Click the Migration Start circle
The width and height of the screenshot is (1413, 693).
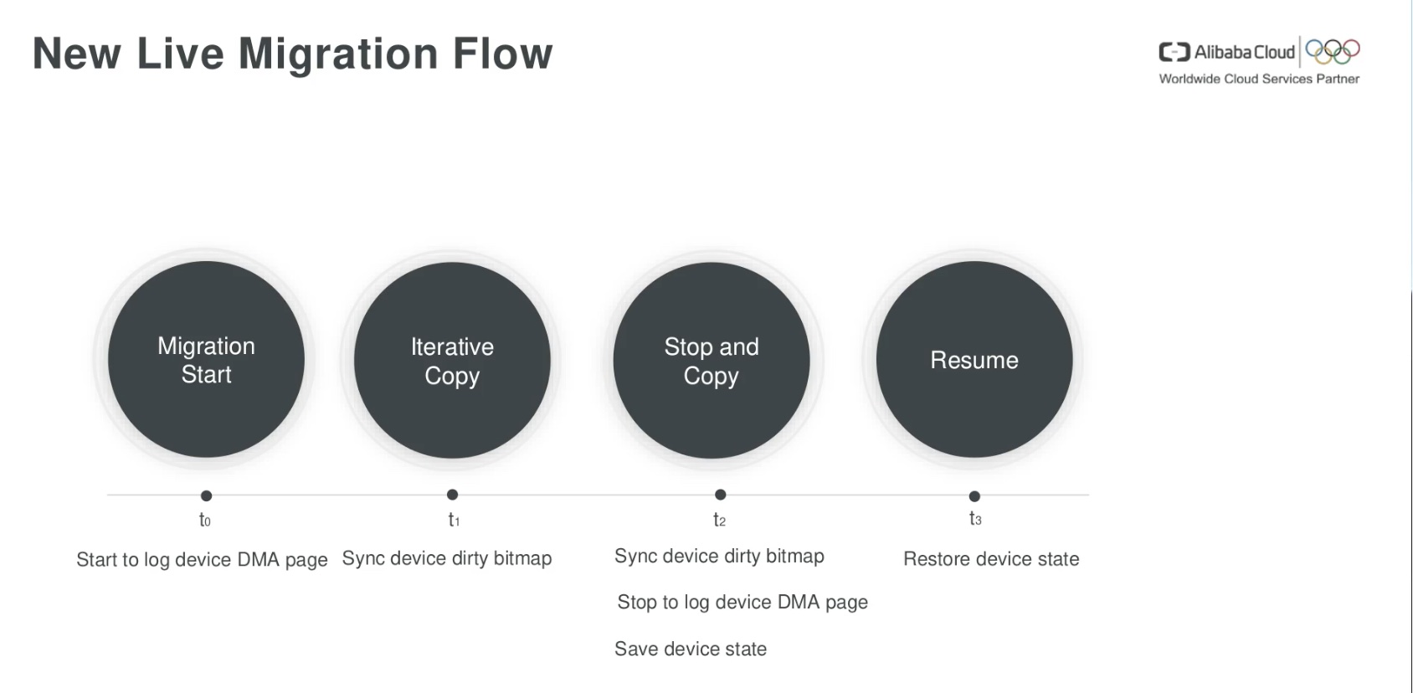tap(206, 359)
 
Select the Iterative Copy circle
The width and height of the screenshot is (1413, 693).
tap(452, 360)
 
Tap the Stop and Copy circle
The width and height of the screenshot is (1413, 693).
tap(712, 360)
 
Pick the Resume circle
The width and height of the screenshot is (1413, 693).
tap(974, 359)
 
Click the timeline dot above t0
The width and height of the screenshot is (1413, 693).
tap(206, 495)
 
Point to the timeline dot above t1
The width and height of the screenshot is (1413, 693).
tap(452, 495)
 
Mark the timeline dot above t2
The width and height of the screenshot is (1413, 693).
tap(721, 495)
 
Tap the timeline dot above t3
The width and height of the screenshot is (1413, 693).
tap(974, 496)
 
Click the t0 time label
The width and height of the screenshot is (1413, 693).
tap(205, 520)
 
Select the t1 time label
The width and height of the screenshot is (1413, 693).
tap(455, 520)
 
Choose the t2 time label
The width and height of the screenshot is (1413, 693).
tap(720, 520)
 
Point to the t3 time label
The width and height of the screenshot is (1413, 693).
tap(975, 518)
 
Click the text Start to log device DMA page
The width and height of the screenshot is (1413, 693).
tap(202, 560)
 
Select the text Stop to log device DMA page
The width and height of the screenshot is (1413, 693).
tap(742, 603)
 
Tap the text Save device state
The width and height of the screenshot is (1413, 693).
tap(691, 649)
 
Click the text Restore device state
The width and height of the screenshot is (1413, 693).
tap(991, 559)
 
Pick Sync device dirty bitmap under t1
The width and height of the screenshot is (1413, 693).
tap(447, 559)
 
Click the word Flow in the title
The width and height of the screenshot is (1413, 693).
tap(502, 53)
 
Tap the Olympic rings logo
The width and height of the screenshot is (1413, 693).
tap(1333, 52)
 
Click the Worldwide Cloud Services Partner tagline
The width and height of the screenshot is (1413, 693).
tap(1259, 79)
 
